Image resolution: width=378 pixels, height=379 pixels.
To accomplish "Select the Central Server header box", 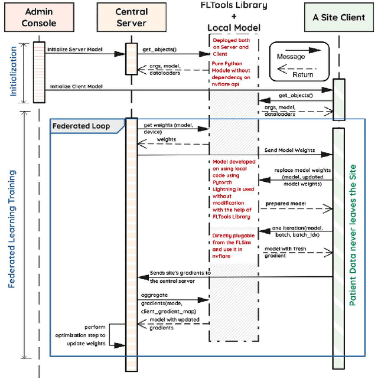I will click(131, 17).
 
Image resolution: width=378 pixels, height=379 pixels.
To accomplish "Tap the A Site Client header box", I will click(339, 18).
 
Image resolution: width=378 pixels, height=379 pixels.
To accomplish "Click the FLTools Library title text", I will click(234, 6).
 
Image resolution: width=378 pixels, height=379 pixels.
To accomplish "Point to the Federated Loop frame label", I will click(81, 126).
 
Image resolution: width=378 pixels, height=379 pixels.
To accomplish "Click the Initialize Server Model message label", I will click(74, 50).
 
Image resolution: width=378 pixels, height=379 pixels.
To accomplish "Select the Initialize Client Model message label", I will click(76, 86).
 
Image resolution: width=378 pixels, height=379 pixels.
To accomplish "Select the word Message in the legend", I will click(291, 57).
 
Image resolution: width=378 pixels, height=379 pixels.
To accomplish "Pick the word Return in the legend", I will click(302, 75).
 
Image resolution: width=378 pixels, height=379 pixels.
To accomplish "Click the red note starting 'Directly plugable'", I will click(232, 246).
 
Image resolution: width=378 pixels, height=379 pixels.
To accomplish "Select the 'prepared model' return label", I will click(284, 204).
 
